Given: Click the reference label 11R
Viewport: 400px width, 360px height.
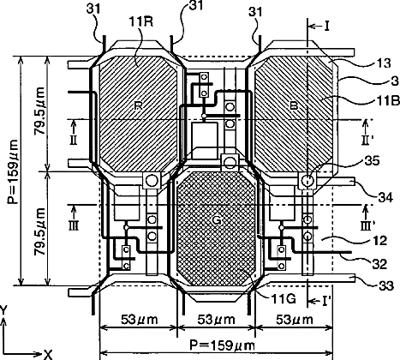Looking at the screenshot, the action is point(141,21).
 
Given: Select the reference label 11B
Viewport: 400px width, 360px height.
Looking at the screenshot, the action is point(387,100).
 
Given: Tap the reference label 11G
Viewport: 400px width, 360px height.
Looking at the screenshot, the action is point(284,299).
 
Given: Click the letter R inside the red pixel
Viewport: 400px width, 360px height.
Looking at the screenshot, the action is point(138,105).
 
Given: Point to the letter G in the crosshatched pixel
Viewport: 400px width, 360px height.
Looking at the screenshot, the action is point(217,220).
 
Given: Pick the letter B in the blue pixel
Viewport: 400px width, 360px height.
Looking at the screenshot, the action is point(294,106).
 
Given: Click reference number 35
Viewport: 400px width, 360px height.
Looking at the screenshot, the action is point(372,161).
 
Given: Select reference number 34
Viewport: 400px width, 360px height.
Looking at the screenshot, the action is point(385,197).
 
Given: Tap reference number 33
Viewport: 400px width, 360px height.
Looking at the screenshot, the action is point(386,285).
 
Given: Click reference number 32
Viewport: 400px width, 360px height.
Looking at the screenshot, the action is point(379,264).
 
